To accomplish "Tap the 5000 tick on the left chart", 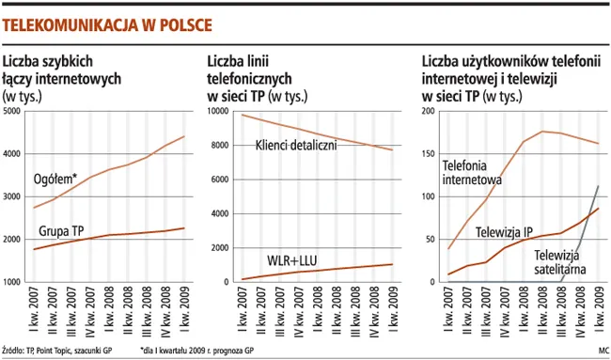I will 13,112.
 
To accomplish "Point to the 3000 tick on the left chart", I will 13,196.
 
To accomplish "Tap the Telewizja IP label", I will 504,231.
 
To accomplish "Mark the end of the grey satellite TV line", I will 599,185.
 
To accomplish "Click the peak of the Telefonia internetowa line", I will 543,131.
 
